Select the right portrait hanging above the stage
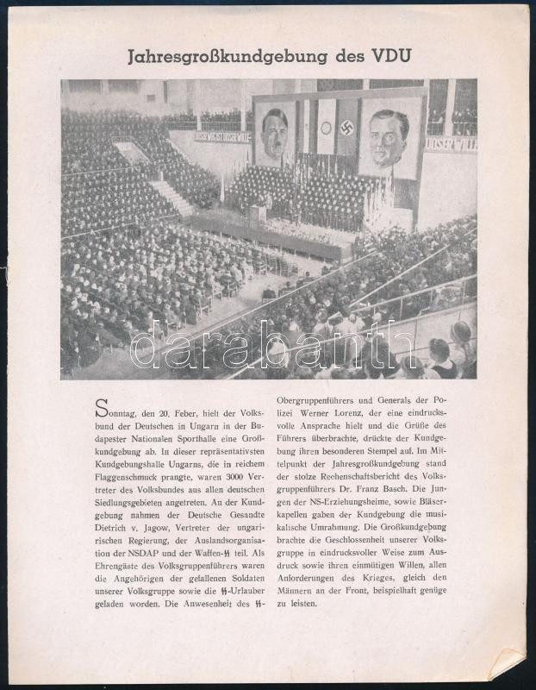[390, 136]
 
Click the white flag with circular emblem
[327, 128]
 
